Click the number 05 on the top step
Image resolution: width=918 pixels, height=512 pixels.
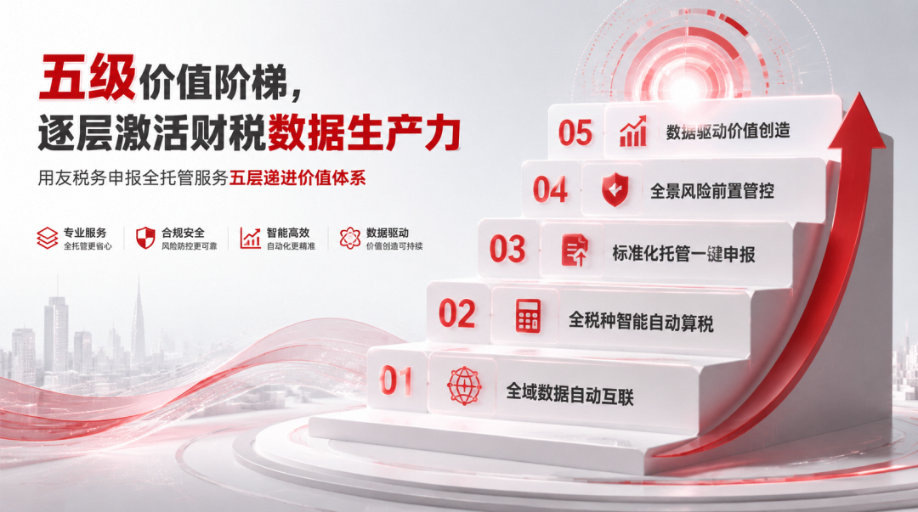click(575, 133)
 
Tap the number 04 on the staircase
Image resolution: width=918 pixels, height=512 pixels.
click(550, 189)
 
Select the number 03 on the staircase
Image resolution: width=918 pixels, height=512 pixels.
click(507, 250)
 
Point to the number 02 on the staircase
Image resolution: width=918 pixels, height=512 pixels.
click(456, 313)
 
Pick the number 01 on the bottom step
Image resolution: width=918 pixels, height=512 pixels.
click(396, 380)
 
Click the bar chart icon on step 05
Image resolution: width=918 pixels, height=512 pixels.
click(633, 131)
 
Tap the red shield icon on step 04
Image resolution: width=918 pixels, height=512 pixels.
click(615, 189)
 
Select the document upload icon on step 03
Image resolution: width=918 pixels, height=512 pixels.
click(575, 250)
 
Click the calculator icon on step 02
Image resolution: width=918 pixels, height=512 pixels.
click(528, 316)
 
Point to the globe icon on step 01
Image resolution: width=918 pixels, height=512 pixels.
click(464, 385)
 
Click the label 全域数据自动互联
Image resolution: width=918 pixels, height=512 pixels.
click(569, 393)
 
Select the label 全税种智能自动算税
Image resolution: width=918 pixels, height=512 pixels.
click(641, 321)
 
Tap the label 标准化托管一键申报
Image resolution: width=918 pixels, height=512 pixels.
click(683, 253)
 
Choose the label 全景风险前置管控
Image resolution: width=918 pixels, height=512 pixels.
click(712, 191)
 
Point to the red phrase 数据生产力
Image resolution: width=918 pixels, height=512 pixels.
click(364, 132)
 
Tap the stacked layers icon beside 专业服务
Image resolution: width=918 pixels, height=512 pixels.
click(48, 238)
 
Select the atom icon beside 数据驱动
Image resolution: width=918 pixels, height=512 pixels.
click(350, 238)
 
